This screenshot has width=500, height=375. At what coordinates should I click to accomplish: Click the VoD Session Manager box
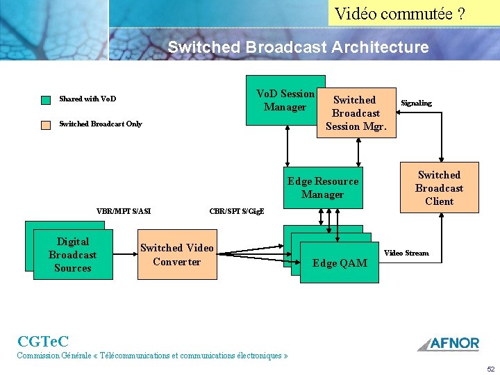[285, 100]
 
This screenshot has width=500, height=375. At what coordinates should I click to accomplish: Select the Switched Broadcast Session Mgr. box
[356, 112]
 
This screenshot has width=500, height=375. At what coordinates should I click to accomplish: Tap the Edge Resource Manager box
[323, 187]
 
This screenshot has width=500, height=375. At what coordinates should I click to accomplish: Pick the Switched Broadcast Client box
[439, 188]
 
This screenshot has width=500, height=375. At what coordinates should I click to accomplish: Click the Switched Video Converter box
[176, 255]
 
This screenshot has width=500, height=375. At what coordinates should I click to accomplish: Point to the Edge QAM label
[340, 263]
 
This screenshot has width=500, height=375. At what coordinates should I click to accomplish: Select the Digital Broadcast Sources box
[73, 255]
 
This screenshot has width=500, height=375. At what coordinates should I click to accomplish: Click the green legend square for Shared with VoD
[46, 99]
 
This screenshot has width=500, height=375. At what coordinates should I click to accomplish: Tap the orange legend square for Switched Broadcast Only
[46, 125]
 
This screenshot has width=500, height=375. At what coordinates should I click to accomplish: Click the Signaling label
[416, 103]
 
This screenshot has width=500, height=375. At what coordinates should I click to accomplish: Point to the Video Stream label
[406, 253]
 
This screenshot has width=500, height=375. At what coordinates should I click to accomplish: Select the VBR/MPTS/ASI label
[124, 211]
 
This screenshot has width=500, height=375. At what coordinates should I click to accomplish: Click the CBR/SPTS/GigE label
[237, 211]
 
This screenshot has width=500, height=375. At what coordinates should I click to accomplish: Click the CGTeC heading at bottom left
[42, 341]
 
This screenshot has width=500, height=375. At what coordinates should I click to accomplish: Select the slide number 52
[490, 369]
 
